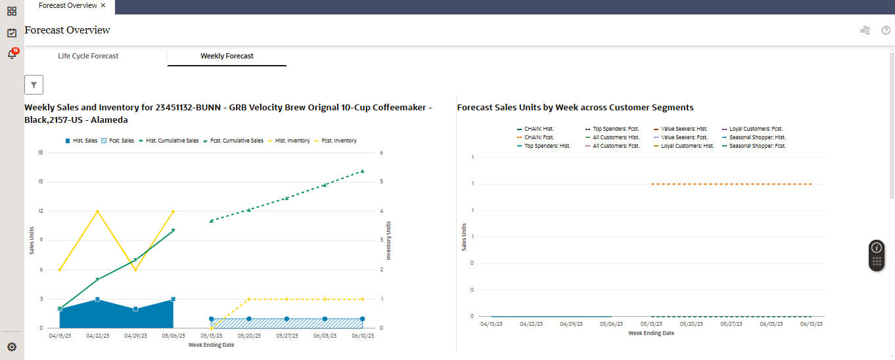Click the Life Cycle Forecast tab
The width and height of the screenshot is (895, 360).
[x=88, y=56]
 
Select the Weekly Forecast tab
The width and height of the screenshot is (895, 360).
[x=227, y=56]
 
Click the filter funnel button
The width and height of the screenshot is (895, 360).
[x=34, y=85]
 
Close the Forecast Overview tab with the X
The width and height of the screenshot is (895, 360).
[x=103, y=5]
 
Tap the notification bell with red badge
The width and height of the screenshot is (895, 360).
[x=12, y=55]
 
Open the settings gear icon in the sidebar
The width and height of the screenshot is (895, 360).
[x=12, y=347]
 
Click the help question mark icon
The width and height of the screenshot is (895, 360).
[x=886, y=30]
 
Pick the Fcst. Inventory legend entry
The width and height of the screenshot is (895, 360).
[x=336, y=141]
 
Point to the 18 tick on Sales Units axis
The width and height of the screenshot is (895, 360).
[x=40, y=152]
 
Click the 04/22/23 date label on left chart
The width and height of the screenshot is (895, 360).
[x=97, y=336]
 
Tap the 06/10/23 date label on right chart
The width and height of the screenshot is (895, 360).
[x=812, y=324]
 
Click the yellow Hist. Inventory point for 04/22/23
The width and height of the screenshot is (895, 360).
[x=97, y=212]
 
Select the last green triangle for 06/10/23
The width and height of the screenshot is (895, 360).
[x=362, y=171]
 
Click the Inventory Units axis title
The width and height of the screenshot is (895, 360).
[x=388, y=240]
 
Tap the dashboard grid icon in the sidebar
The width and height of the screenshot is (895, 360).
[x=12, y=11]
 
